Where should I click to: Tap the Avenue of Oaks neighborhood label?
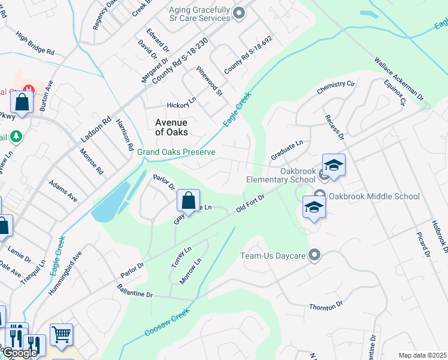171,127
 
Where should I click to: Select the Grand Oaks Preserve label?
176,152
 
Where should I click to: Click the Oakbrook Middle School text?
374,196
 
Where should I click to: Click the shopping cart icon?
61,334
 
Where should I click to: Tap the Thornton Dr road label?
326,307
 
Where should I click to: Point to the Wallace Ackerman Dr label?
398,79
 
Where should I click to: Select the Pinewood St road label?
210,82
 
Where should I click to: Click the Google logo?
19,353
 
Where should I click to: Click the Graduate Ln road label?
287,146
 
